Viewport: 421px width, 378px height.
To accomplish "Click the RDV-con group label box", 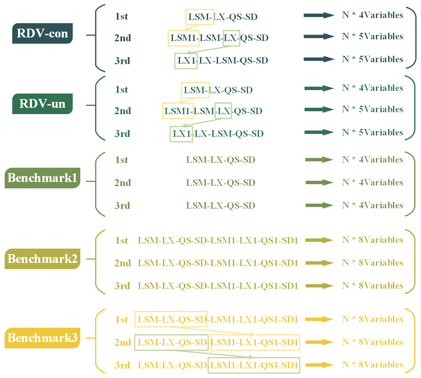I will click(x=42, y=34).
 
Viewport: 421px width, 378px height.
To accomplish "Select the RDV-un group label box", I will click(x=42, y=104).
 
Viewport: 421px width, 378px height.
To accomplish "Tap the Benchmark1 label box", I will click(x=42, y=178).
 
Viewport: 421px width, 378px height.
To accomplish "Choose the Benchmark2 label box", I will click(x=42, y=259).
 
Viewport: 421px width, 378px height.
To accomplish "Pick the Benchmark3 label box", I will click(x=42, y=338).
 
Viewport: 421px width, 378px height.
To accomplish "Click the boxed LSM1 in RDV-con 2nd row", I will click(x=183, y=38).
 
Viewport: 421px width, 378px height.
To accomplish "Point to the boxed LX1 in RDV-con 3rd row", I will click(x=186, y=61).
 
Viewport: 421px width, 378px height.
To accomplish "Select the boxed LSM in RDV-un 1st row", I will click(x=195, y=90).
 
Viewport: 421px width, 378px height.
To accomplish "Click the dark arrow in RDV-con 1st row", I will click(x=319, y=15).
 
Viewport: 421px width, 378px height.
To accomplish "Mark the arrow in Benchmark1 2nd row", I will click(x=319, y=183).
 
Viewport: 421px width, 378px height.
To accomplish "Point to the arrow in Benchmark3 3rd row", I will click(x=319, y=365).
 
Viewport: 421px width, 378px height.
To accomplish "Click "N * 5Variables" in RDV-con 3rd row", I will click(x=372, y=60).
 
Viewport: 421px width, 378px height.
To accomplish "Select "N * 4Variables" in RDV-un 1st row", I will click(x=372, y=88).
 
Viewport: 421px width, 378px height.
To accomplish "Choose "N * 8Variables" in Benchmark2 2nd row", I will click(x=372, y=263).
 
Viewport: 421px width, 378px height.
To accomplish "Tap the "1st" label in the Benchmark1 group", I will click(x=121, y=160).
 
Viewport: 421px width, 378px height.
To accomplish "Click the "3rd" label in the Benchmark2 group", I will click(x=122, y=286).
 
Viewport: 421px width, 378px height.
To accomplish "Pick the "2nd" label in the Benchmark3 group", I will click(x=123, y=343).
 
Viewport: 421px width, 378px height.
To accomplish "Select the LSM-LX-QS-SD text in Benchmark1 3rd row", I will click(x=221, y=206).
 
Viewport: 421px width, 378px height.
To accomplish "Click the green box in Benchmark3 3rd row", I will click(x=254, y=365).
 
